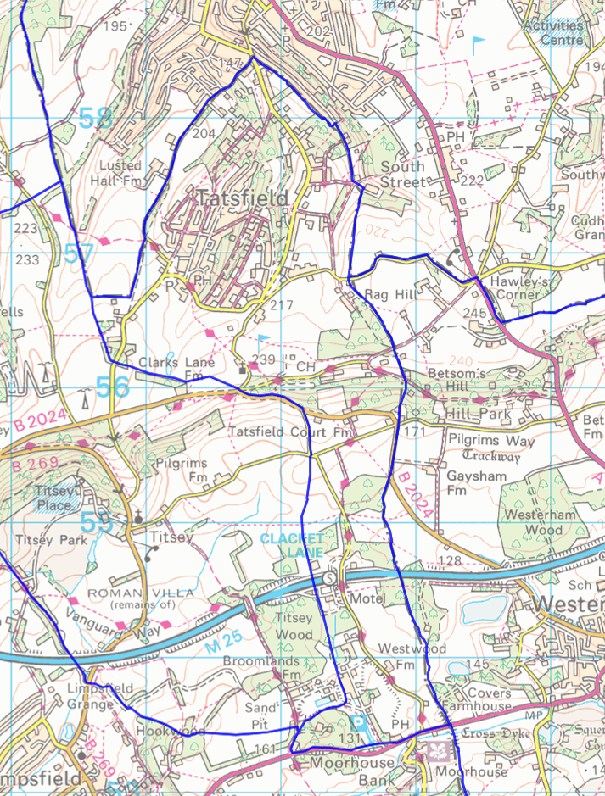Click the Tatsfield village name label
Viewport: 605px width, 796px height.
pyautogui.click(x=243, y=198)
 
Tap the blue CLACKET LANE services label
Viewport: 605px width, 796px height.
pyautogui.click(x=292, y=546)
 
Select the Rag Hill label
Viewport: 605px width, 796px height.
pyautogui.click(x=387, y=294)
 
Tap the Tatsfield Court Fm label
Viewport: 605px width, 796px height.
pyautogui.click(x=290, y=432)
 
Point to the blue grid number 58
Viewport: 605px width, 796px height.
pyautogui.click(x=96, y=119)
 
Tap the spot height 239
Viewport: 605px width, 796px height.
pyautogui.click(x=265, y=360)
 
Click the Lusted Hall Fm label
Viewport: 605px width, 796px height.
pyautogui.click(x=120, y=172)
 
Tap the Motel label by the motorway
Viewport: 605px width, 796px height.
pyautogui.click(x=367, y=598)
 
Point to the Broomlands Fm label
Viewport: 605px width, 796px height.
pyautogui.click(x=263, y=667)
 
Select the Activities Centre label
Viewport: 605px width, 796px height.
pyautogui.click(x=554, y=32)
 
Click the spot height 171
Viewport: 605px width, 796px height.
pyautogui.click(x=413, y=433)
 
